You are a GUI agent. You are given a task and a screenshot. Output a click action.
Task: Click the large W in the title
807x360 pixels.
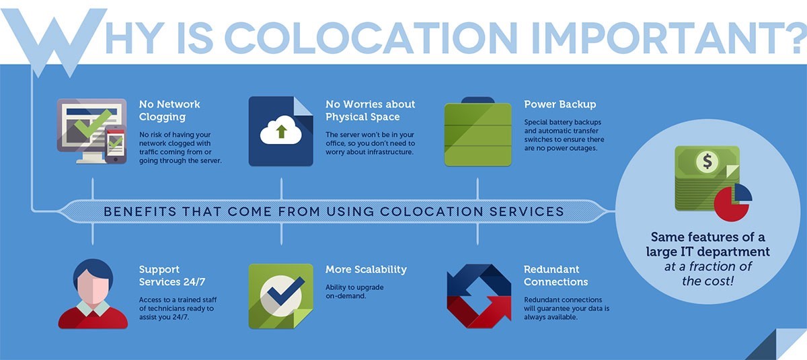pyautogui.click(x=54, y=40)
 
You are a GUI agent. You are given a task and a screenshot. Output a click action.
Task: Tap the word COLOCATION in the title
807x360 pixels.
pyautogui.click(x=371, y=38)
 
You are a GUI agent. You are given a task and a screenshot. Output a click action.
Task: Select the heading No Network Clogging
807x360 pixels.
pyautogui.click(x=169, y=110)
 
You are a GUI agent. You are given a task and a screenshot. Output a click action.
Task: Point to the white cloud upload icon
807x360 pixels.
pyautogui.click(x=281, y=130)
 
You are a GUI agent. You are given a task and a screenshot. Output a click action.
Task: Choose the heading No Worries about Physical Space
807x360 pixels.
pyautogui.click(x=370, y=110)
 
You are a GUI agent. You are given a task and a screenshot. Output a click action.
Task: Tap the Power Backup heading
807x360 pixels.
pyautogui.click(x=560, y=104)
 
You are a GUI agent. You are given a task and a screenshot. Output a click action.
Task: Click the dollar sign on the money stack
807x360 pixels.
pyautogui.click(x=707, y=161)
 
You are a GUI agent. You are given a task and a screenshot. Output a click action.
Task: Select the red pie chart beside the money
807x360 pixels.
pyautogui.click(x=732, y=204)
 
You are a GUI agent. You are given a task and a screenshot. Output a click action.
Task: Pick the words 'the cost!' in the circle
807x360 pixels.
pyautogui.click(x=707, y=281)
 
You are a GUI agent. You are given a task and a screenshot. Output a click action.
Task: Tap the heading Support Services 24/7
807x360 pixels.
pyautogui.click(x=172, y=275)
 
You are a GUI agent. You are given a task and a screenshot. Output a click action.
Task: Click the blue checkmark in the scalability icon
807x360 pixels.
pyautogui.click(x=286, y=292)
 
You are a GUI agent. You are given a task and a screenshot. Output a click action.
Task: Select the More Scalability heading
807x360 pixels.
pyautogui.click(x=366, y=269)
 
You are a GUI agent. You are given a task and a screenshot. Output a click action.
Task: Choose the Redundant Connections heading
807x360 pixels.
pyautogui.click(x=555, y=275)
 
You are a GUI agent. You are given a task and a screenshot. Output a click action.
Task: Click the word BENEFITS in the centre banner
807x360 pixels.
pyautogui.click(x=140, y=211)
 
